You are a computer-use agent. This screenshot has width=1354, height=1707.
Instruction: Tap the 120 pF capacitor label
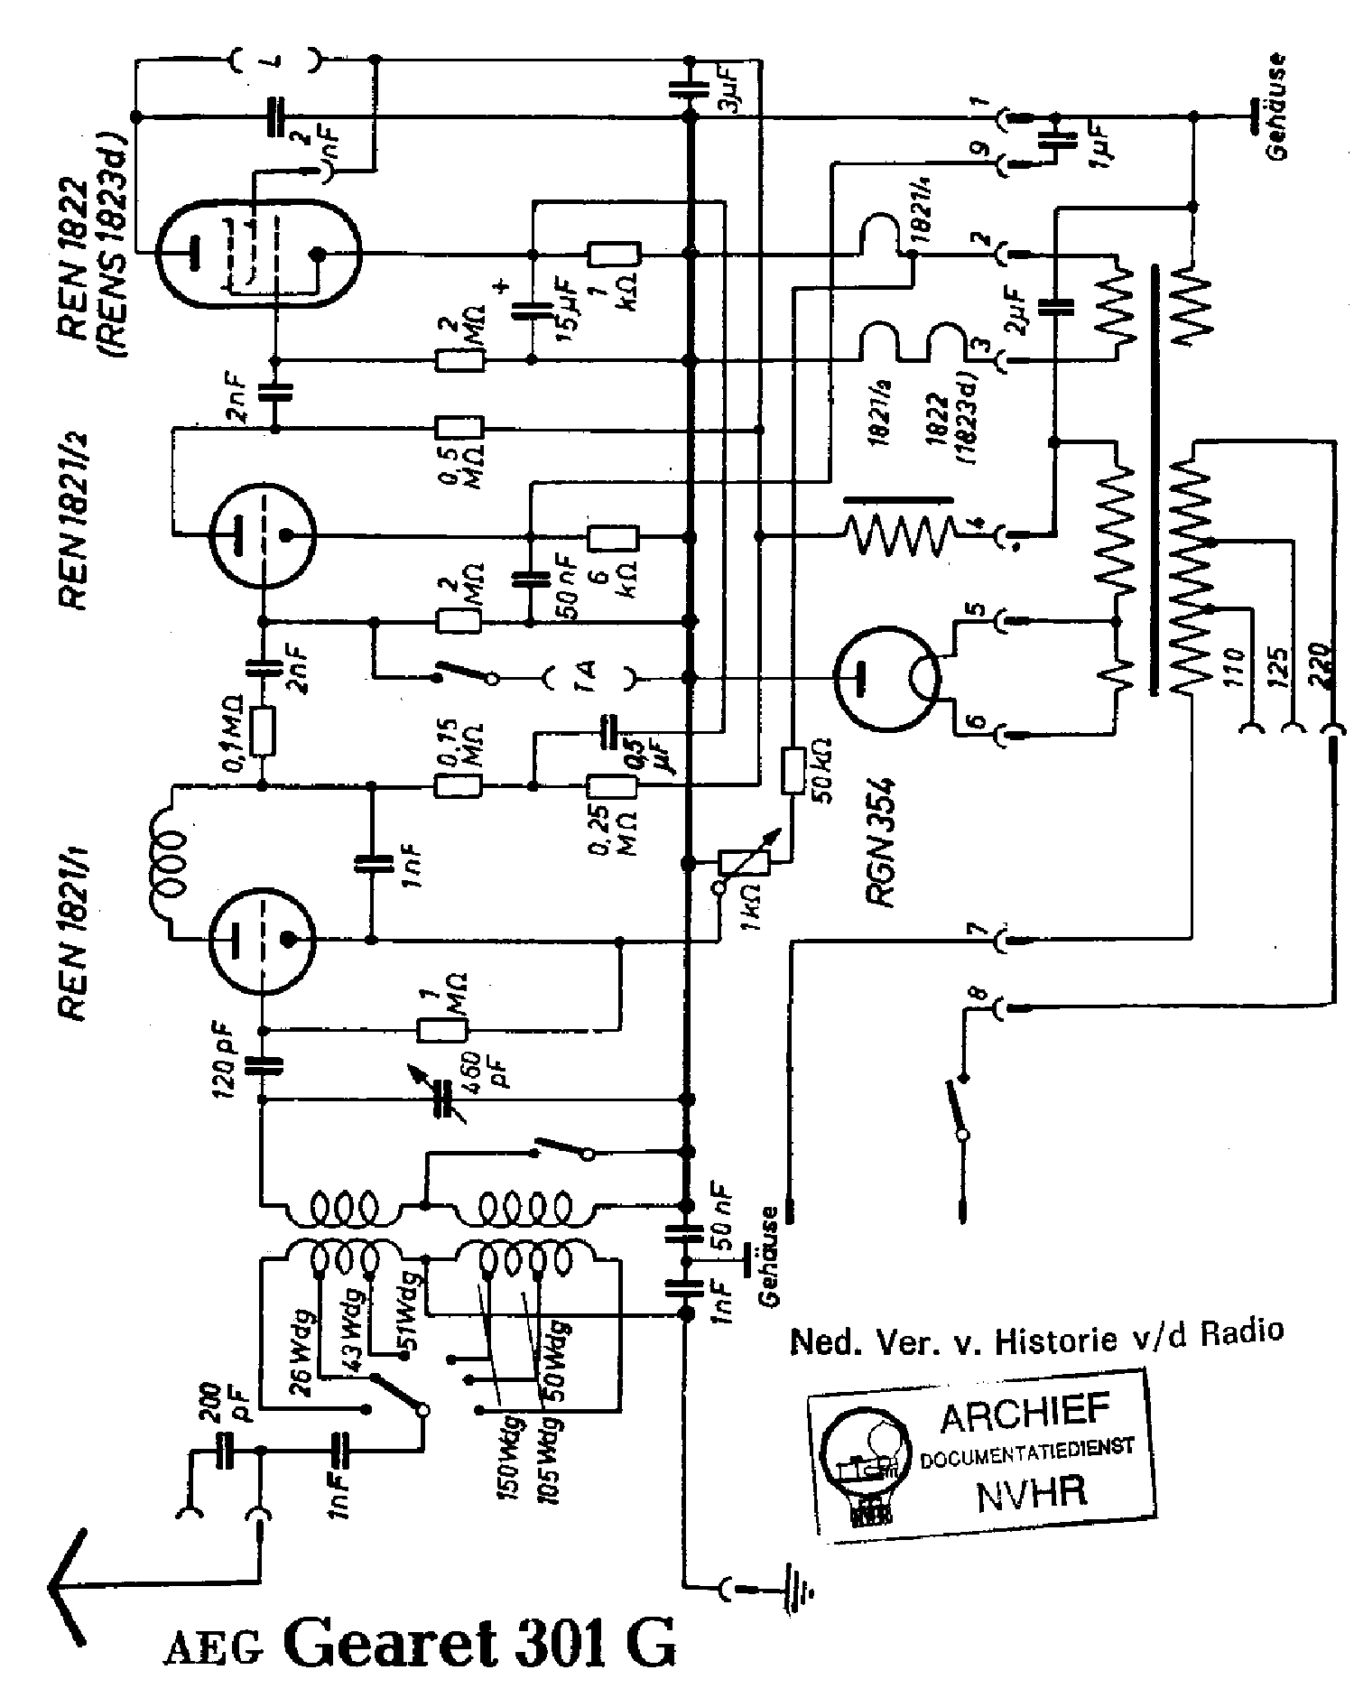[x=226, y=1058]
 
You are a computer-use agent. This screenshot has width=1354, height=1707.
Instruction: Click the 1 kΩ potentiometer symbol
[x=743, y=861]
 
